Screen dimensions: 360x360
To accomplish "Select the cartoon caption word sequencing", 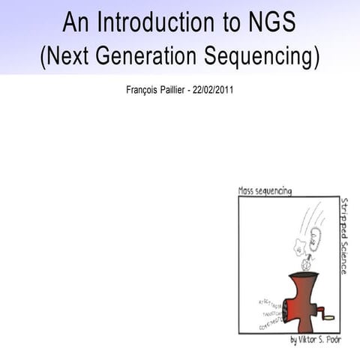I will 277,191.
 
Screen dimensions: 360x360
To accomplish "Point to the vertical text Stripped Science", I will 343,235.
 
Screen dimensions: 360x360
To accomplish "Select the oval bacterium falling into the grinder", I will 314,239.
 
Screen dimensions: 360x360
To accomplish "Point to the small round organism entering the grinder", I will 305,263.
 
